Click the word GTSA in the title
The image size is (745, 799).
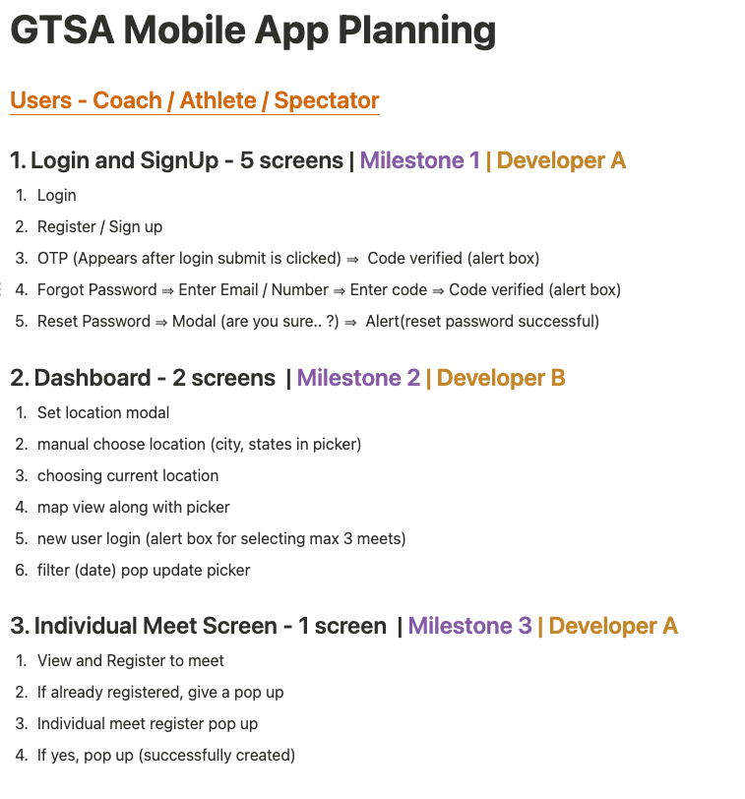pyautogui.click(x=62, y=31)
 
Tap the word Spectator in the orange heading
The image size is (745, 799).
pyautogui.click(x=327, y=100)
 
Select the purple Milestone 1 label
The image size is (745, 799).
pyautogui.click(x=420, y=160)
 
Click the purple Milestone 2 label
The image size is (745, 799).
pyautogui.click(x=359, y=378)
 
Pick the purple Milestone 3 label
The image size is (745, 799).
pyautogui.click(x=469, y=626)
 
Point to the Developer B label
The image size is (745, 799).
pyautogui.click(x=501, y=378)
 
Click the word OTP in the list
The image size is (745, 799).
pyautogui.click(x=52, y=259)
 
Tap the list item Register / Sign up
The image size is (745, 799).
pyautogui.click(x=99, y=226)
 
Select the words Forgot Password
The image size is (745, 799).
pyautogui.click(x=96, y=290)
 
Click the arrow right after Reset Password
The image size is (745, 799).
pyautogui.click(x=161, y=323)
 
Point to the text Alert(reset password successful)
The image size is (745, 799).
pyautogui.click(x=482, y=322)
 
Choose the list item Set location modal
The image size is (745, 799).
pyautogui.click(x=103, y=412)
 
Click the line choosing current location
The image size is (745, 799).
pyautogui.click(x=128, y=476)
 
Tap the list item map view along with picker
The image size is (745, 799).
pyautogui.click(x=134, y=508)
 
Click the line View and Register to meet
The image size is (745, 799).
pyautogui.click(x=131, y=661)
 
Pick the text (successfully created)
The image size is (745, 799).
pyautogui.click(x=217, y=755)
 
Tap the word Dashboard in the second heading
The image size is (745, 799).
pyautogui.click(x=93, y=378)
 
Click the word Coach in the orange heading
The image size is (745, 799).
pyautogui.click(x=127, y=100)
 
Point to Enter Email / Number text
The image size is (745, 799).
pyautogui.click(x=253, y=290)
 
